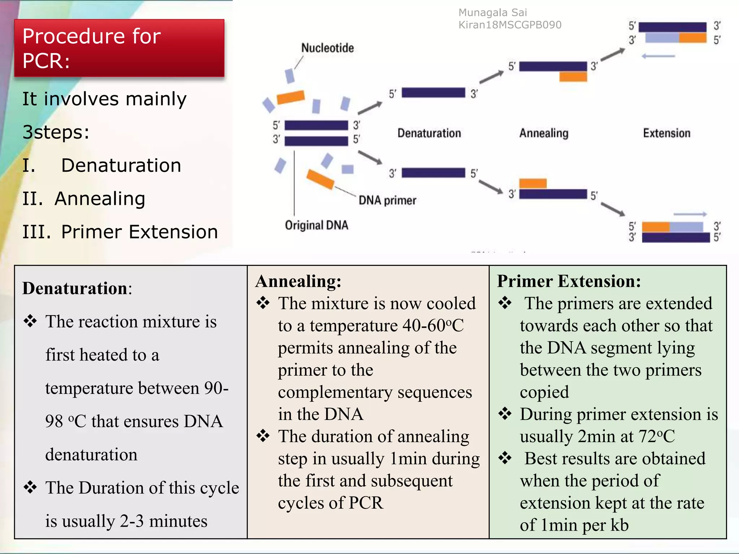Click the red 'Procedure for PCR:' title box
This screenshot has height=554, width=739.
pyautogui.click(x=119, y=48)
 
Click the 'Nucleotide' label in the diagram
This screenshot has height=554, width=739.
pyautogui.click(x=327, y=48)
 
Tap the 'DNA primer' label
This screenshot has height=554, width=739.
pyautogui.click(x=387, y=200)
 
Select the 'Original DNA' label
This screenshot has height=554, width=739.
pyautogui.click(x=316, y=225)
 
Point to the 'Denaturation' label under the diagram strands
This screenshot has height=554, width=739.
pyautogui.click(x=429, y=133)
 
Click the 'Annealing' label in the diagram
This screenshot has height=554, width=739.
pyautogui.click(x=544, y=133)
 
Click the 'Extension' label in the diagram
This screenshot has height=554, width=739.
pyautogui.click(x=666, y=133)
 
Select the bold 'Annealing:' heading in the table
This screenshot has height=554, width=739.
pyautogui.click(x=298, y=281)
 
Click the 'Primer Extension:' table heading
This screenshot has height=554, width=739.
pyautogui.click(x=569, y=281)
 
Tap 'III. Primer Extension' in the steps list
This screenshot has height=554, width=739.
pyautogui.click(x=120, y=232)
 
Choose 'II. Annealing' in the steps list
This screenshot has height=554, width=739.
pyautogui.click(x=84, y=198)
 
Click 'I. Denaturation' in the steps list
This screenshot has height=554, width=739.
pyautogui.click(x=102, y=165)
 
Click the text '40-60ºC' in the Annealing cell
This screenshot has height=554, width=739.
pyautogui.click(x=433, y=326)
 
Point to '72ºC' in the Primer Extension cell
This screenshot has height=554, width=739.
pyautogui.click(x=656, y=436)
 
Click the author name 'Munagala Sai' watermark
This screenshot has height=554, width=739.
pyautogui.click(x=493, y=13)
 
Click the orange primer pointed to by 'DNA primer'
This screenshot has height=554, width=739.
pyautogui.click(x=320, y=179)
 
